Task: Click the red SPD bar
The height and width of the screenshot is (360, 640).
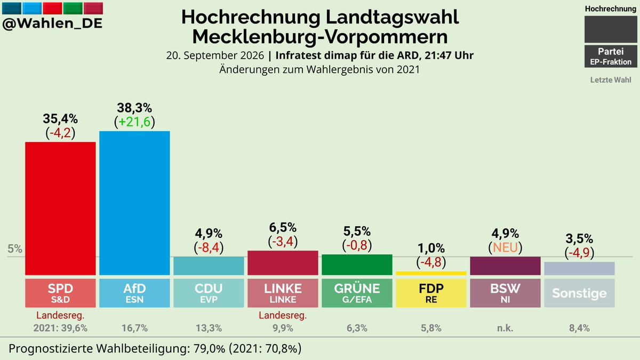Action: pos(60,209)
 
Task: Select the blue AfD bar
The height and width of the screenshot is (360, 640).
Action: pos(134,203)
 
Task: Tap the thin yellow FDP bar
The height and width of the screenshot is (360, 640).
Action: pos(431,274)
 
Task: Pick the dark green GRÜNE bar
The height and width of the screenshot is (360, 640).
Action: pos(357,265)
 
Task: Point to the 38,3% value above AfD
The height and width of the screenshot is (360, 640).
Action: pos(134,108)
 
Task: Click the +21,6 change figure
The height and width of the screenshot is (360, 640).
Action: pos(134,122)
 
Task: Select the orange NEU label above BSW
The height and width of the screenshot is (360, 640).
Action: pos(505,247)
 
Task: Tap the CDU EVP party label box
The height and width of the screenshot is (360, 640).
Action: pos(209,293)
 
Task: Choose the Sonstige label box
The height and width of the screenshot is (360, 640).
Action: pos(579,293)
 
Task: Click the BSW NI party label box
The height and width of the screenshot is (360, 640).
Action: pos(505,293)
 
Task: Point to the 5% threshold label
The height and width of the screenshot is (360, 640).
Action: pos(15,249)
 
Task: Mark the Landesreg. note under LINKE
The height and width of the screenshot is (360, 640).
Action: pos(283,315)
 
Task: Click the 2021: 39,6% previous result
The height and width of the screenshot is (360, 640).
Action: pos(60,328)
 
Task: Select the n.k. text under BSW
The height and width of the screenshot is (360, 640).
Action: pos(505,328)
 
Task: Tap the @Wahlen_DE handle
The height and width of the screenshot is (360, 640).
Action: pos(52,23)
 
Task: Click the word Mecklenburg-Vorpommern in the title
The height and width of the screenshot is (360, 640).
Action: pos(320,37)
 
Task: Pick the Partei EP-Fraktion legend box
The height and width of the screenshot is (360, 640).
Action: pos(611,57)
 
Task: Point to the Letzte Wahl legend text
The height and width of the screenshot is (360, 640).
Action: pos(611,79)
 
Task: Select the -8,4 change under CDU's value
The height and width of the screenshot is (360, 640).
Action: pos(209,247)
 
